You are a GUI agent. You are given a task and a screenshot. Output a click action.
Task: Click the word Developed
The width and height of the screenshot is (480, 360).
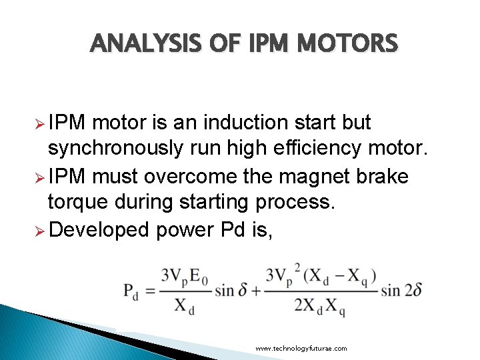pos(99,229)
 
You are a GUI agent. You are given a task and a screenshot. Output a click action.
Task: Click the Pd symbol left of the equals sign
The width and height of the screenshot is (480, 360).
pos(131,291)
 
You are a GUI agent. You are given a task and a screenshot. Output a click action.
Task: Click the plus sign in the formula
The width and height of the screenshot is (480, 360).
pos(255,290)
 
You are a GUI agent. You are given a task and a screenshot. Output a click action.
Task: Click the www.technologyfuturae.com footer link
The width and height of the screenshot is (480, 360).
pos(301,349)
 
